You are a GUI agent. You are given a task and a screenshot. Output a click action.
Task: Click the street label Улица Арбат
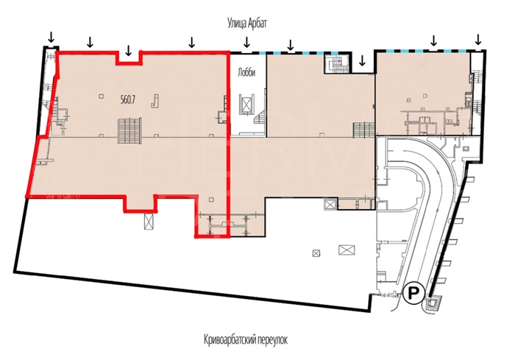point(247,24)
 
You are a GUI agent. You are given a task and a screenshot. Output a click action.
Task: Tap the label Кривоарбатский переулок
point(245,339)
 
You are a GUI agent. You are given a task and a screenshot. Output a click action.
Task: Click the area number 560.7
point(128,100)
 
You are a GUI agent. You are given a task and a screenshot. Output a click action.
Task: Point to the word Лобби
point(246,73)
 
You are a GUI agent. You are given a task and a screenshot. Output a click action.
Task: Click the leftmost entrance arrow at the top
point(51,37)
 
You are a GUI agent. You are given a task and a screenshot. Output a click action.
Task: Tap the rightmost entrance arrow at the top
point(478,40)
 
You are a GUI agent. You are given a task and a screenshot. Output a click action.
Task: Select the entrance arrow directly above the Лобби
point(246,42)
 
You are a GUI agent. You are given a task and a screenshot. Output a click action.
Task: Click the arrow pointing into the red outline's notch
point(129,50)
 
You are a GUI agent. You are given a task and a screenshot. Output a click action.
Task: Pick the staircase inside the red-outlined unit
point(130,130)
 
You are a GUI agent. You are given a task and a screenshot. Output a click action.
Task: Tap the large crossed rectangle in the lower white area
point(347,250)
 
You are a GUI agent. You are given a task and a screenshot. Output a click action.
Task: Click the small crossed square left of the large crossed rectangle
point(316,253)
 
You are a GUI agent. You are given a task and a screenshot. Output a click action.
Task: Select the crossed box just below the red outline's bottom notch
point(149,222)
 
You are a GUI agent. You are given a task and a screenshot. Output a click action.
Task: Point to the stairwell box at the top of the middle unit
point(336,63)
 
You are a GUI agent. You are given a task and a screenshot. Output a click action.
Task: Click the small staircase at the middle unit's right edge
point(364,130)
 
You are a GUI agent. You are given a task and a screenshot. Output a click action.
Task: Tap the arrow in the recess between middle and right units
point(362,60)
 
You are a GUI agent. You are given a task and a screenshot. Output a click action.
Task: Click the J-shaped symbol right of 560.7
point(155,101)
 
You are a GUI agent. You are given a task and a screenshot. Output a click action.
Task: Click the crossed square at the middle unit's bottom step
point(330,205)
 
